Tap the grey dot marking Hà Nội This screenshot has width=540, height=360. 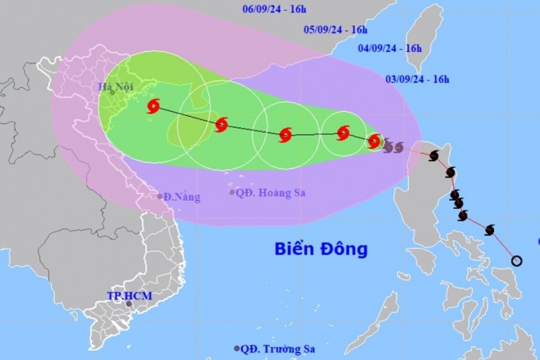coord(112,92)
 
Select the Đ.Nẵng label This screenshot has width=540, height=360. coord(182,197)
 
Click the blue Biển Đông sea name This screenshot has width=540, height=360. coord(321,249)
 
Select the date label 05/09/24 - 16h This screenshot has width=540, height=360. coord(336,30)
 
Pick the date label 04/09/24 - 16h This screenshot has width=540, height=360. coord(390,48)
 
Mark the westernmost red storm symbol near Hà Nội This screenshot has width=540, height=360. coord(153,107)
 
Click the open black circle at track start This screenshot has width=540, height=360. coord(517,261)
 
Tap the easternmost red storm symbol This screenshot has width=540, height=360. coord(374,141)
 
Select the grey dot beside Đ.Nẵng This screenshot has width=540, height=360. coord(161,196)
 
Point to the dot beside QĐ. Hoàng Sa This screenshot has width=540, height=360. coord(232,193)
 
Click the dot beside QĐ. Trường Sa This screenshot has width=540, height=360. coord(236,348)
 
